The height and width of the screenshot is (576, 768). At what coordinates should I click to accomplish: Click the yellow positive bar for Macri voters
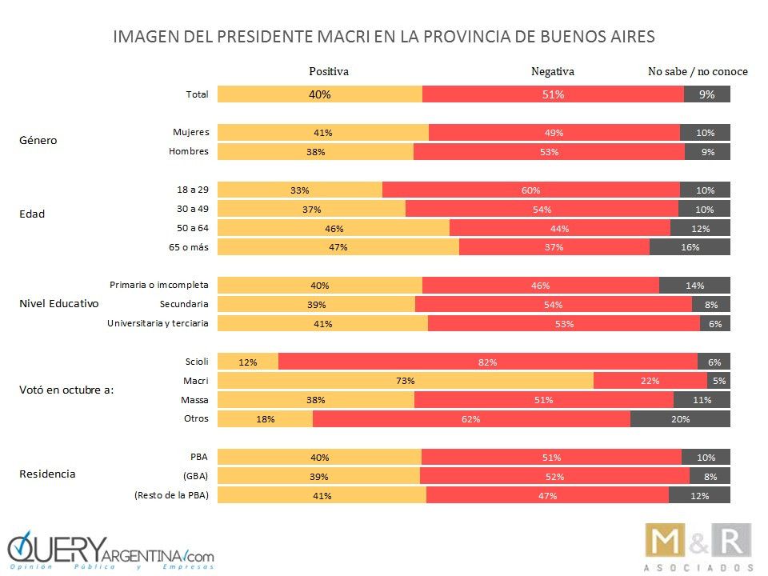coord(406,381)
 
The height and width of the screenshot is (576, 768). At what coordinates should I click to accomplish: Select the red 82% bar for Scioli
coord(488,362)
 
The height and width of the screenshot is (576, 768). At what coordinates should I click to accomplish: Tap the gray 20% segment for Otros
coord(680,418)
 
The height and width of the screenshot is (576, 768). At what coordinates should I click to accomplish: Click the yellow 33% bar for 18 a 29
coord(300,190)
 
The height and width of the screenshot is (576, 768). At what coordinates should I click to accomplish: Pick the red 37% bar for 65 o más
coord(554,247)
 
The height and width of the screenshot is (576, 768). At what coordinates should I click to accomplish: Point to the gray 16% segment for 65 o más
coord(690,247)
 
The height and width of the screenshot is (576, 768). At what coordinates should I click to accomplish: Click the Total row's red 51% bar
coord(553,94)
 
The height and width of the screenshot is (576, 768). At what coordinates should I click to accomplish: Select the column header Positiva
coord(329,71)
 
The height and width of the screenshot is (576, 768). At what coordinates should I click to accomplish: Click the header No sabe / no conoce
coord(698,71)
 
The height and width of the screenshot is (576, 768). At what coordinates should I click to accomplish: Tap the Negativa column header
coord(553,71)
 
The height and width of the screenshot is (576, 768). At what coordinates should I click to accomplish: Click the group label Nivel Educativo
coord(58,304)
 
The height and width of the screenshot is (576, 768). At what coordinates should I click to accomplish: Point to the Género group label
coord(38,141)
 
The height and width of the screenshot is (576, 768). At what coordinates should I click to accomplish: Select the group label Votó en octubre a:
coord(66,390)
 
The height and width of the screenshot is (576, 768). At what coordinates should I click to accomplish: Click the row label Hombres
coord(190,151)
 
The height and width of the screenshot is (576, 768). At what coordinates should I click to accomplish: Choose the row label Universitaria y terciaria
coord(158,323)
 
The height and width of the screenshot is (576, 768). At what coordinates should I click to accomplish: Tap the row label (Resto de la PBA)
coord(172,496)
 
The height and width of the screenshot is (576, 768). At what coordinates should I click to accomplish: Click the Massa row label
coord(194,399)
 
